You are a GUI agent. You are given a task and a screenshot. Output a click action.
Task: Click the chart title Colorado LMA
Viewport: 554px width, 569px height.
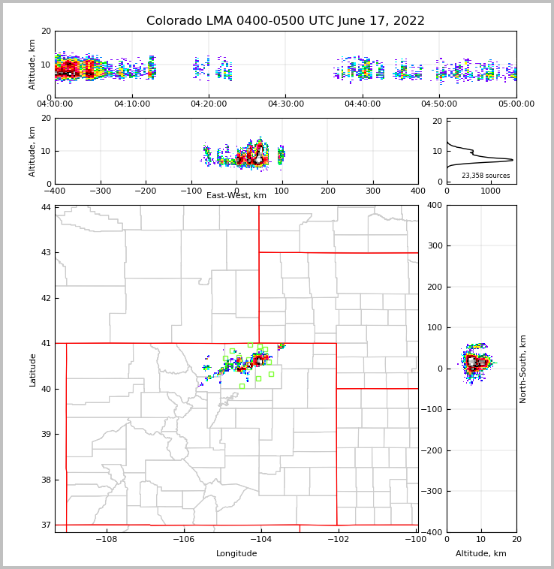click(285, 21)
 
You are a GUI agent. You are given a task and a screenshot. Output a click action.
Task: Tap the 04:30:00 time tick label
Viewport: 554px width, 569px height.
click(286, 104)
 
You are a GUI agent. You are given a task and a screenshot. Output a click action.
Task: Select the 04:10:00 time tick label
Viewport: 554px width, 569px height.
click(132, 104)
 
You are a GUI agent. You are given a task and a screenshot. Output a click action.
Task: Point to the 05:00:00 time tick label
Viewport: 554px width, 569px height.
click(516, 104)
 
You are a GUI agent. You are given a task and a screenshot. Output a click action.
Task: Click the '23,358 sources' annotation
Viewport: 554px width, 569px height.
click(486, 176)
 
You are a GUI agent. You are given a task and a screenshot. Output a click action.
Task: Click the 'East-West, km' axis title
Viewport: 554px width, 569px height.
click(236, 196)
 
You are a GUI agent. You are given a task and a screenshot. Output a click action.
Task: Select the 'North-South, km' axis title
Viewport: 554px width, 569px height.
click(524, 369)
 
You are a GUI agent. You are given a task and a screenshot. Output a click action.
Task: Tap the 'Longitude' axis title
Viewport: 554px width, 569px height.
click(236, 554)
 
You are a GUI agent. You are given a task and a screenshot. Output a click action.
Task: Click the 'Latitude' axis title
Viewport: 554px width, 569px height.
click(32, 369)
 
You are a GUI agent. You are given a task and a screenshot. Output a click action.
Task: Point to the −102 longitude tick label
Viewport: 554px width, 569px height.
click(337, 540)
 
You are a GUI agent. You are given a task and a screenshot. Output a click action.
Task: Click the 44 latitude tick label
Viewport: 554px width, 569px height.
click(46, 207)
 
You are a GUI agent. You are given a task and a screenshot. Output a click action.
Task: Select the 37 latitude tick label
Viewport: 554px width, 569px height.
click(46, 525)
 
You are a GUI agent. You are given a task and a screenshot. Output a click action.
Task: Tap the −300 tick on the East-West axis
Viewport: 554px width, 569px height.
click(100, 191)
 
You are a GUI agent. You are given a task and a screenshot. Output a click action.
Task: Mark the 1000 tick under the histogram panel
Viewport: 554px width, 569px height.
click(490, 191)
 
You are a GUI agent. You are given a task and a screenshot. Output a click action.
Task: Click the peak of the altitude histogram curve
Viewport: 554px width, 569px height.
click(513, 159)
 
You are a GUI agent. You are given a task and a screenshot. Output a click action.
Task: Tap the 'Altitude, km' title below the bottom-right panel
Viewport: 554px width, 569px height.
click(481, 554)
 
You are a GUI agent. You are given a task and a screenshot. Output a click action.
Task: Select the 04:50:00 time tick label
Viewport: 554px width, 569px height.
click(440, 104)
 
